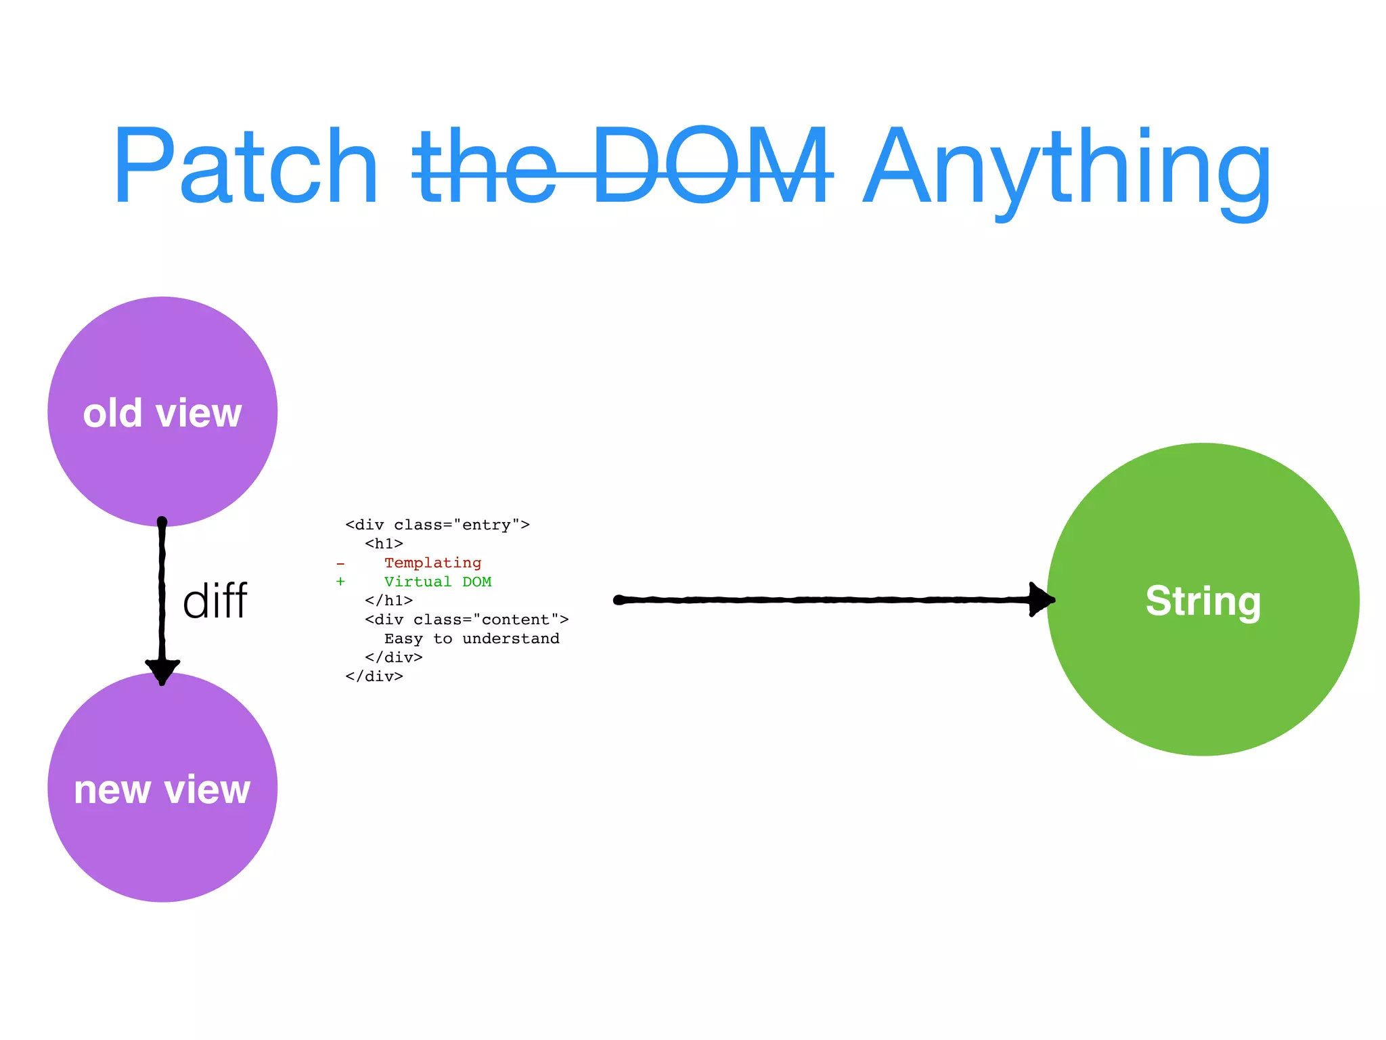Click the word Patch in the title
click(245, 166)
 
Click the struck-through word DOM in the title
click(711, 166)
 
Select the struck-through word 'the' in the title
click(485, 166)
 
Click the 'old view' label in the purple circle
click(162, 413)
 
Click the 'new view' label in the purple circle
click(162, 789)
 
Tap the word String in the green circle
click(1203, 601)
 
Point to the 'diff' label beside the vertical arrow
click(215, 601)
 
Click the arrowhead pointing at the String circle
click(1041, 599)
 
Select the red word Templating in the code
click(432, 563)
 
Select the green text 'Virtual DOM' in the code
click(437, 582)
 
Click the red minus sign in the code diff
click(340, 563)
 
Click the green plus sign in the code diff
click(340, 582)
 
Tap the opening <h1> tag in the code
click(384, 544)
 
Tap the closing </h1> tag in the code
click(388, 601)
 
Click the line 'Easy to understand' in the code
click(472, 638)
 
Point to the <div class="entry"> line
click(437, 525)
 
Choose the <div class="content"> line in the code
click(466, 620)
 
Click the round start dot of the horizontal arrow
click(619, 600)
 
